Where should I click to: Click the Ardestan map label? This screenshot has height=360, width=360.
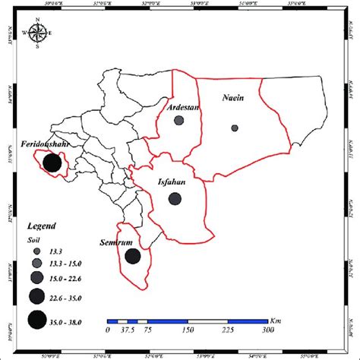[x=182, y=107]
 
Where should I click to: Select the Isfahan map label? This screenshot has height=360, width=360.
[x=174, y=182]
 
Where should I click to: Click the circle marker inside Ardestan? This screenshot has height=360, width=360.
[x=179, y=120]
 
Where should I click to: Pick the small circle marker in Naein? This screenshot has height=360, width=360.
[x=234, y=128]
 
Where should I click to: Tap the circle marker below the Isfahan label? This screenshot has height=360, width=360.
[x=175, y=199]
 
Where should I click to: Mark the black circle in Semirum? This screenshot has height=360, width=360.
[x=132, y=257]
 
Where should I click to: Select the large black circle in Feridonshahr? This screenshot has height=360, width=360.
[x=52, y=163]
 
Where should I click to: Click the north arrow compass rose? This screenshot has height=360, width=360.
[x=37, y=33]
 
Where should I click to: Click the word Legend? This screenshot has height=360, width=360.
[x=44, y=226]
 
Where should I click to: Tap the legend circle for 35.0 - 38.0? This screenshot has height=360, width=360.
[x=36, y=320]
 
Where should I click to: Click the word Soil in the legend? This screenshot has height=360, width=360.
[x=34, y=238]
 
